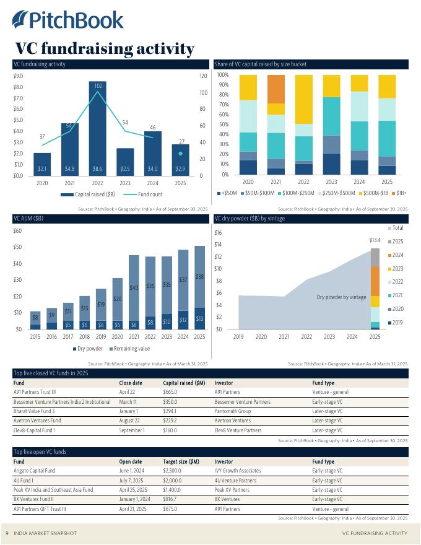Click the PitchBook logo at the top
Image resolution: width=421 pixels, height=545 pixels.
point(68,20)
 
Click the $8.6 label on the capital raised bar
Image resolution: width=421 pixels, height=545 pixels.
point(98,168)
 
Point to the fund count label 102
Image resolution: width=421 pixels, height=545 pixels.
point(98,85)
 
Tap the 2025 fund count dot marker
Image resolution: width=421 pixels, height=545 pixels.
point(180,154)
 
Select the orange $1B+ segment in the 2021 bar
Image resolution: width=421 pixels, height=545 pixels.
point(276,89)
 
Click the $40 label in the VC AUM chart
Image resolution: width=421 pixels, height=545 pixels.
point(134,288)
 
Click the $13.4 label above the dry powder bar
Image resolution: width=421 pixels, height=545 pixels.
point(375,240)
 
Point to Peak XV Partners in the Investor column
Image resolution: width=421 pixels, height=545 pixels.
point(232,490)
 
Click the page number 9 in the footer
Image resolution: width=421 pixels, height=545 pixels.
point(7,533)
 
